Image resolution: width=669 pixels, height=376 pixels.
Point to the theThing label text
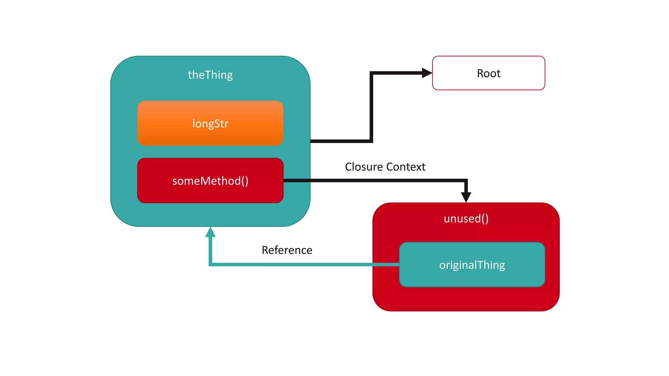(210, 75)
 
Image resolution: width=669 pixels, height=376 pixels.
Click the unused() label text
(466, 218)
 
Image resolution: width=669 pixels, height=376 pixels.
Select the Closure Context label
(385, 167)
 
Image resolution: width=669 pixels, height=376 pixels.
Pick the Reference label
(287, 250)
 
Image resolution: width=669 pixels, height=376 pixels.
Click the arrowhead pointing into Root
(427, 73)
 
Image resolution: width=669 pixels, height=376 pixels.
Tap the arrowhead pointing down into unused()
(466, 197)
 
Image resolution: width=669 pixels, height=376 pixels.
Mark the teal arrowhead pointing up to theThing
(210, 232)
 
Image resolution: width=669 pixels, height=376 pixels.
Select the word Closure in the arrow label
(364, 167)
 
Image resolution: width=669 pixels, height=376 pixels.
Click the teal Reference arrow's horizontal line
(294, 264)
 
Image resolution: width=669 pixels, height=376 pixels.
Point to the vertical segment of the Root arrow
(371, 108)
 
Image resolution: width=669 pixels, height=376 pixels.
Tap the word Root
(488, 73)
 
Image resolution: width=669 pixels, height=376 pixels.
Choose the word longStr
(210, 123)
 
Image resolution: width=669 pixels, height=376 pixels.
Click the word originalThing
(472, 265)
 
